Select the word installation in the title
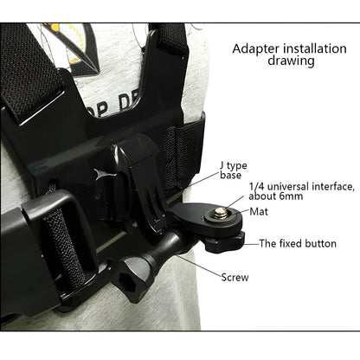pos(307,48)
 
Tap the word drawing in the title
pos(292,62)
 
